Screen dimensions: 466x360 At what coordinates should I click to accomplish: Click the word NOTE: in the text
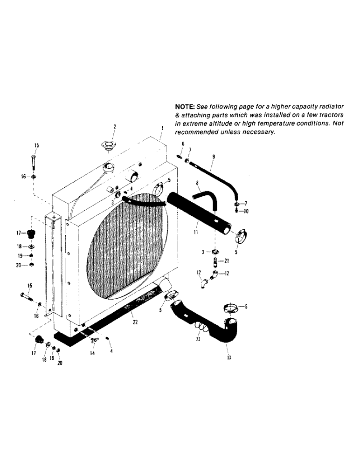[185, 107]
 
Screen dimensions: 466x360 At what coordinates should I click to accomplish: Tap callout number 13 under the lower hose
[228, 359]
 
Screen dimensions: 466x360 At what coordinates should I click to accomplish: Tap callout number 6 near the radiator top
[183, 144]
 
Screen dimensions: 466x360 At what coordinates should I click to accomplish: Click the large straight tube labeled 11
[201, 214]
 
